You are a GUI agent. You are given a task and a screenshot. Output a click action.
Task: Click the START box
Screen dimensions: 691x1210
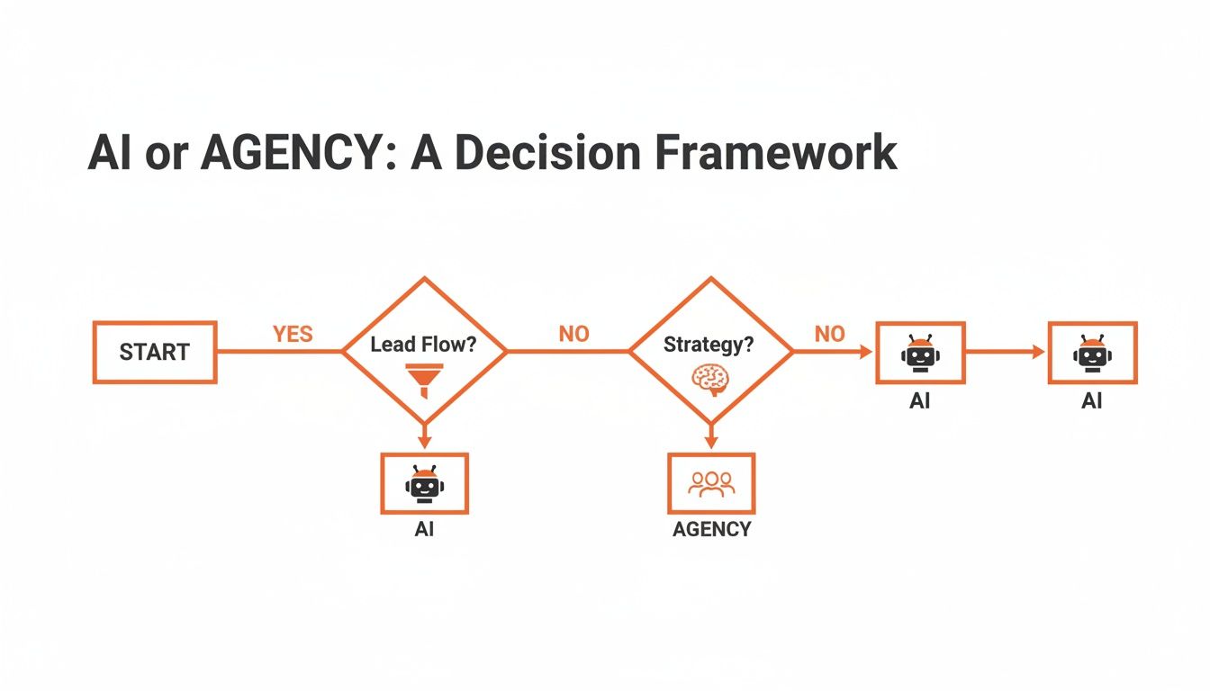tap(154, 352)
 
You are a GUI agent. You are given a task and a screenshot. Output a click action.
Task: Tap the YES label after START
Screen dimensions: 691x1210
tap(293, 335)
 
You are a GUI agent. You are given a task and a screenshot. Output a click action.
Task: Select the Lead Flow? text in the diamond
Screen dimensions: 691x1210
tap(423, 344)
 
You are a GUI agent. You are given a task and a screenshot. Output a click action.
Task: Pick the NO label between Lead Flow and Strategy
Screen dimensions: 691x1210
tap(573, 335)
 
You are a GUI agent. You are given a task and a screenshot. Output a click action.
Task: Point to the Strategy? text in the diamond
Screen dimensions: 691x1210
tap(709, 344)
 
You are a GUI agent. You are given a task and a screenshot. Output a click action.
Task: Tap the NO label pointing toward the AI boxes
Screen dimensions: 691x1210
tap(829, 335)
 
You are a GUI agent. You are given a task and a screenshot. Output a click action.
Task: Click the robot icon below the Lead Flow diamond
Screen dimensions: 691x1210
tap(424, 483)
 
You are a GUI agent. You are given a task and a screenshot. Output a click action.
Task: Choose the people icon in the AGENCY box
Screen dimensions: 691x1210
tap(711, 483)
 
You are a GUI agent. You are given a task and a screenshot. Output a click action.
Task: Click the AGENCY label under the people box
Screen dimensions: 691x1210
tap(711, 529)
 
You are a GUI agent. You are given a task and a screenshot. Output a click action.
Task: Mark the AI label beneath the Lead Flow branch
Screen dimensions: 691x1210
tap(424, 529)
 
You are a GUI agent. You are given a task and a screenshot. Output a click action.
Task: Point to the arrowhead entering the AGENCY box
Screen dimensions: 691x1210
tap(710, 444)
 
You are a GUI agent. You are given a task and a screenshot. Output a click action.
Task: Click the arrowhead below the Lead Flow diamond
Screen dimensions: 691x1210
tap(424, 442)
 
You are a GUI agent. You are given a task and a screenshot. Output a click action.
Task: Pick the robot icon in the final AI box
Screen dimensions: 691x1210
tap(1092, 352)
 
